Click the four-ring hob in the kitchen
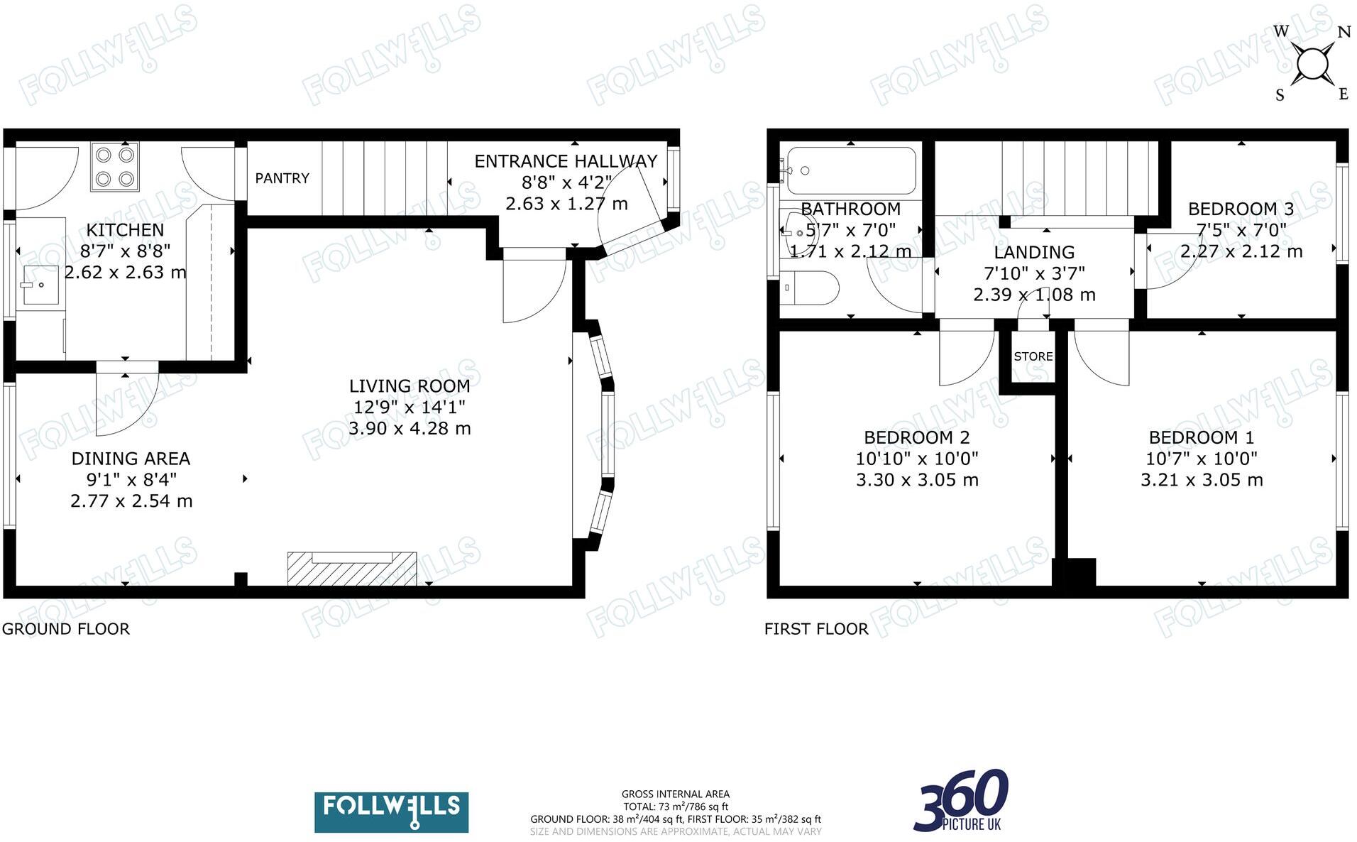pyautogui.click(x=114, y=167)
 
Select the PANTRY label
pyautogui.click(x=282, y=178)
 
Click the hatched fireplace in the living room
pyautogui.click(x=351, y=569)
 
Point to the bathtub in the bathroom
pyautogui.click(x=851, y=170)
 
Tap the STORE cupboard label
pyautogui.click(x=1033, y=356)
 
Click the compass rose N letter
pyautogui.click(x=1344, y=32)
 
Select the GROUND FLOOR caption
pyautogui.click(x=65, y=629)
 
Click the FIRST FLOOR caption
pyautogui.click(x=816, y=629)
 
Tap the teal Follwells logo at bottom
pyautogui.click(x=391, y=812)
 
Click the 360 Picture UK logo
pyautogui.click(x=962, y=801)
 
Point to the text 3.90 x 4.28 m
pyautogui.click(x=410, y=428)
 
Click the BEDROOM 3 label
pyautogui.click(x=1241, y=209)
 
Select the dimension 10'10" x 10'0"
pyautogui.click(x=916, y=459)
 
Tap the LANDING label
pyautogui.click(x=1033, y=252)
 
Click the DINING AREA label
pyautogui.click(x=131, y=459)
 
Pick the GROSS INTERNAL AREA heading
pyautogui.click(x=675, y=794)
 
